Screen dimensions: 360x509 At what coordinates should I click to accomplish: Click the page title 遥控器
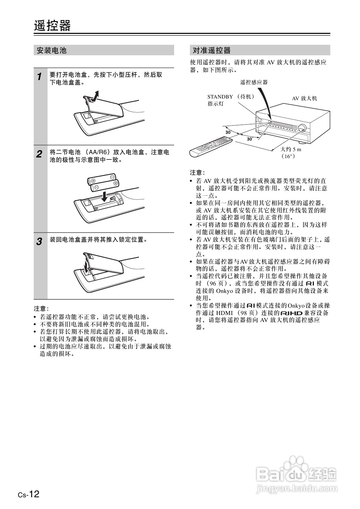[x=52, y=25]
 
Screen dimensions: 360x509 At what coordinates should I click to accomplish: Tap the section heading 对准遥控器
[x=211, y=51]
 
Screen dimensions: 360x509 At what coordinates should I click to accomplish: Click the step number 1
[x=39, y=77]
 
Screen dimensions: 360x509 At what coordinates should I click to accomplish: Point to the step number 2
[x=39, y=154]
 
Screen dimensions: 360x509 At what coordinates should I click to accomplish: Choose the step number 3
[x=39, y=241]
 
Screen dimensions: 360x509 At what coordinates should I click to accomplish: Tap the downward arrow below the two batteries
[x=105, y=196]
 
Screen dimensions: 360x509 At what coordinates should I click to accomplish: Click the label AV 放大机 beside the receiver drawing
[x=304, y=99]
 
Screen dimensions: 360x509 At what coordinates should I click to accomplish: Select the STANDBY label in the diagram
[x=220, y=97]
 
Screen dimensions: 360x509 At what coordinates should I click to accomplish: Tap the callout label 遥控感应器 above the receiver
[x=254, y=82]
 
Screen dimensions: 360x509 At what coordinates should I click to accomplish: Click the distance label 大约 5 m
[x=291, y=149]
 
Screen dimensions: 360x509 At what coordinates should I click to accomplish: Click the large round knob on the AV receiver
[x=303, y=128]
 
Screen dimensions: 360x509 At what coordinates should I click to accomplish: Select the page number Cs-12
[x=29, y=494]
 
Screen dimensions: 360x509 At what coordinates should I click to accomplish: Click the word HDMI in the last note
[x=224, y=313]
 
